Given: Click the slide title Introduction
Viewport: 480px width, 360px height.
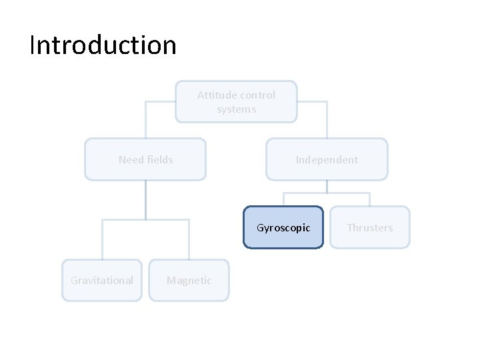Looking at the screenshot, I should pyautogui.click(x=103, y=45).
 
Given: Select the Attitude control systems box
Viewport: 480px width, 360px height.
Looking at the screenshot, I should pyautogui.click(x=236, y=102).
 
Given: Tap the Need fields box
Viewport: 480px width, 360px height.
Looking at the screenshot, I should pyautogui.click(x=145, y=159).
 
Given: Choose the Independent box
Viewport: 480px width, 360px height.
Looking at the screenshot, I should pyautogui.click(x=327, y=159).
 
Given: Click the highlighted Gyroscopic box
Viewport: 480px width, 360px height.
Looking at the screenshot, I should pyautogui.click(x=283, y=227).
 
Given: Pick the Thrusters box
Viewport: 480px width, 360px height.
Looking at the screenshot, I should pyautogui.click(x=369, y=227).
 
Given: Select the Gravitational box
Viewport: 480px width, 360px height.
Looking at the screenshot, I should pyautogui.click(x=102, y=280).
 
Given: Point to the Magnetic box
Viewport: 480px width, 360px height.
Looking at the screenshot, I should pyautogui.click(x=189, y=280).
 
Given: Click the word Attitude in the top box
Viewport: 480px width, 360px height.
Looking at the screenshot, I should pyautogui.click(x=213, y=95).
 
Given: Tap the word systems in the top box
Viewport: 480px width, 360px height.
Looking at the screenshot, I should pyautogui.click(x=236, y=109).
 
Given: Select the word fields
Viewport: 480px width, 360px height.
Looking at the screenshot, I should pyautogui.click(x=160, y=159).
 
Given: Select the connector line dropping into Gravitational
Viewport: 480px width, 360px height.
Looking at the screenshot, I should pyautogui.click(x=102, y=240).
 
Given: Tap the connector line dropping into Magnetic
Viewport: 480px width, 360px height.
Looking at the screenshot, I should pyautogui.click(x=189, y=240).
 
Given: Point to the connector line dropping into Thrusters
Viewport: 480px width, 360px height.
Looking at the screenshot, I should pyautogui.click(x=369, y=199).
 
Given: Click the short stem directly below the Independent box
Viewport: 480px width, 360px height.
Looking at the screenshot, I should pyautogui.click(x=327, y=187).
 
